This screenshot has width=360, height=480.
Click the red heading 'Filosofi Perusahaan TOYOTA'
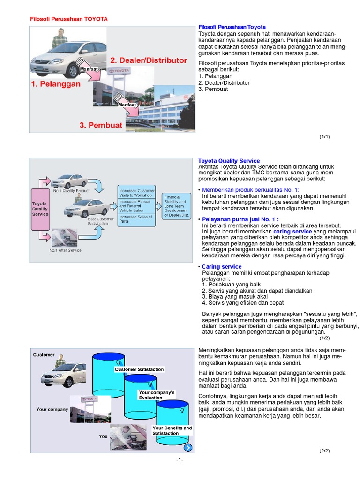point(68,19)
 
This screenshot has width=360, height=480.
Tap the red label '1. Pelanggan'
point(56,84)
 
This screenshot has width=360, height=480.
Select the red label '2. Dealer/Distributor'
point(148,60)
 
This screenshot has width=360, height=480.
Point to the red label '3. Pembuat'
point(101,125)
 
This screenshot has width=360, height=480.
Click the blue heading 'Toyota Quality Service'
point(229,161)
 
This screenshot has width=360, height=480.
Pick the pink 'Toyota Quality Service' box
point(40,209)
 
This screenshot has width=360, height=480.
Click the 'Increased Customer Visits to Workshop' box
point(136,193)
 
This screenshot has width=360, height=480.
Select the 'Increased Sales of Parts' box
point(136,219)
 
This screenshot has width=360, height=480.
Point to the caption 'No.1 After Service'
point(65,250)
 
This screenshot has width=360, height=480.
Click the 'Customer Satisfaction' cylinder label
point(139,369)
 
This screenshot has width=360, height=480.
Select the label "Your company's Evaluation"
point(157,395)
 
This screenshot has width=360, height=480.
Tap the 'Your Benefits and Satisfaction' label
point(172,430)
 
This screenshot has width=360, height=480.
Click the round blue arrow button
point(187,448)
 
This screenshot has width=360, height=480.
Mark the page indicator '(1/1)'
point(325,137)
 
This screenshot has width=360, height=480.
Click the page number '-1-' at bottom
point(180,459)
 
